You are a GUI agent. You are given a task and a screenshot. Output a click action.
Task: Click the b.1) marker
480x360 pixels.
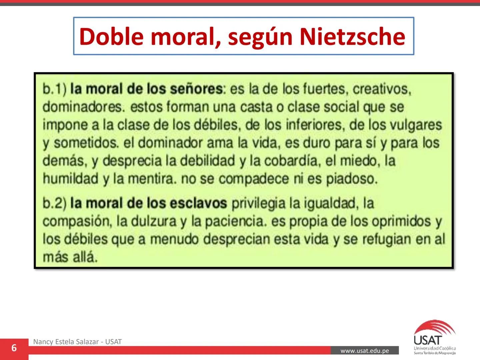click(55, 89)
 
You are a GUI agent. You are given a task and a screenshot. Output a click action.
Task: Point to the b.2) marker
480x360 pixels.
click(55, 203)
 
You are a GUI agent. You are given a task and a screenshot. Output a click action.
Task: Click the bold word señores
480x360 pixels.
click(196, 89)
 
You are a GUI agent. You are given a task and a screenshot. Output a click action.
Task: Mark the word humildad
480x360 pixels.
click(70, 179)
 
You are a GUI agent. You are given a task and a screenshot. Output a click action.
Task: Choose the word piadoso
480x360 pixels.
click(352, 179)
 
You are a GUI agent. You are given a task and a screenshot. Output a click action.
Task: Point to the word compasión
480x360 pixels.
click(77, 221)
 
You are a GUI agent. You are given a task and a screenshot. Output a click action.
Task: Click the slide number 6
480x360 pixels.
click(14, 348)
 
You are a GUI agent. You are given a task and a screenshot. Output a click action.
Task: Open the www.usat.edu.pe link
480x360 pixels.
click(365, 351)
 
